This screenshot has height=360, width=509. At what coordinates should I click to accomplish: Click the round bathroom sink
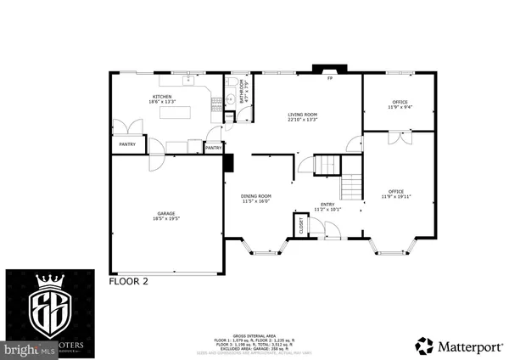point(231,99)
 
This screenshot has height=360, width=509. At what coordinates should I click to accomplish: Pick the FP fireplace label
point(331,79)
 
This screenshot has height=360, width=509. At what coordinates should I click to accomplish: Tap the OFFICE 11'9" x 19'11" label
point(395,194)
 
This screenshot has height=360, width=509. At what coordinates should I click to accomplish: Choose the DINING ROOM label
point(255,199)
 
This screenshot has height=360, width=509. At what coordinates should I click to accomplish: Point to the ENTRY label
point(327,206)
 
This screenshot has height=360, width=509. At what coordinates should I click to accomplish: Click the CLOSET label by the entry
point(300,226)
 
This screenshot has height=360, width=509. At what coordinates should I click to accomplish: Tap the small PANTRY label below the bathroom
point(214,148)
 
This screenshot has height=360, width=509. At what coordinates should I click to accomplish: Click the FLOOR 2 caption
point(129,281)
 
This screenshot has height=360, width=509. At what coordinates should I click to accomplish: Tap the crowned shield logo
point(42,309)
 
